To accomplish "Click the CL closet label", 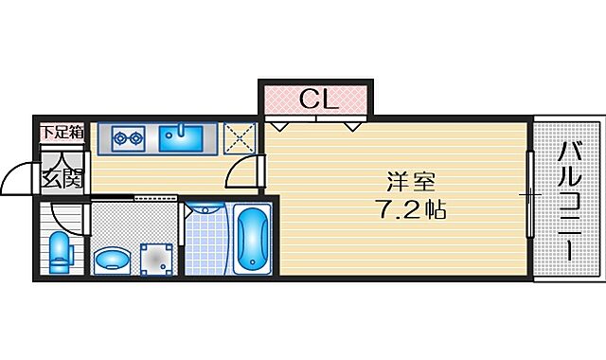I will (313, 98).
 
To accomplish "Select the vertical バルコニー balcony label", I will (568, 200).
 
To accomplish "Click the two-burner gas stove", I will (128, 138).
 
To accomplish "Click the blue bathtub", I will (252, 238).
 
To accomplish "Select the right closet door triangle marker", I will (353, 124).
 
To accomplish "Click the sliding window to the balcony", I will (528, 195).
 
